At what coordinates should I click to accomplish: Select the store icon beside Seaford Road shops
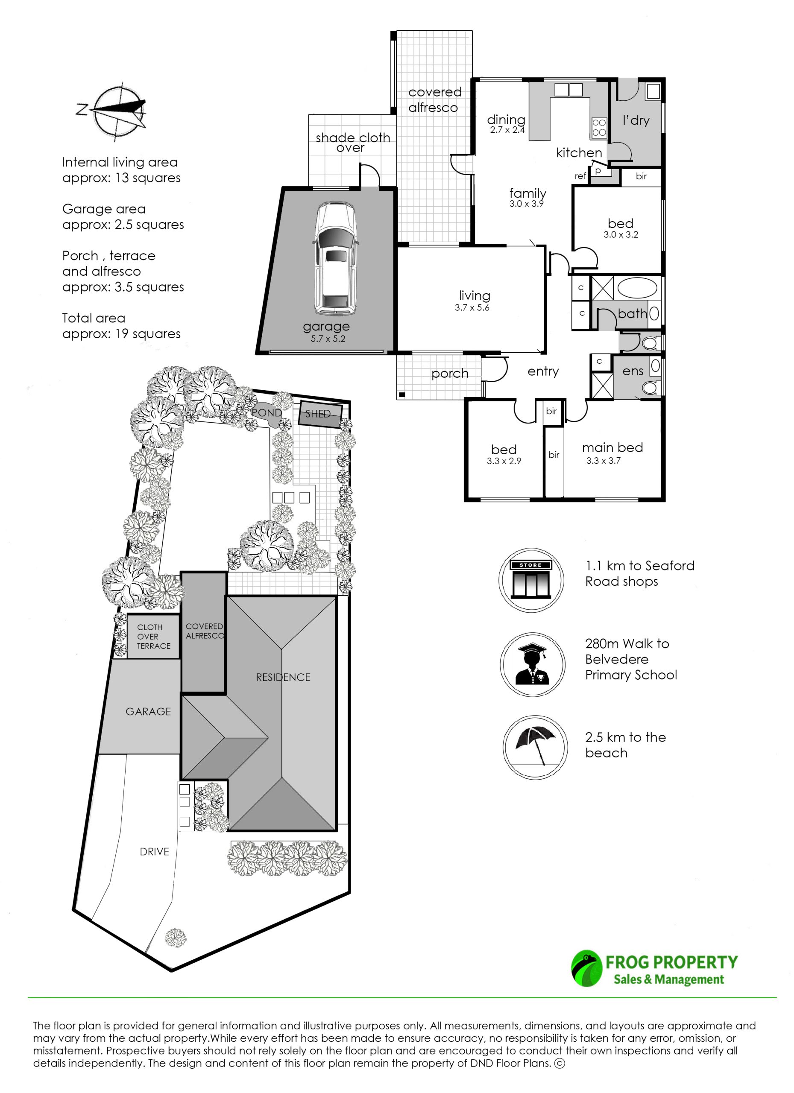[x=531, y=580]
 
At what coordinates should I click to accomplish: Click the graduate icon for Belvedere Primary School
[x=532, y=664]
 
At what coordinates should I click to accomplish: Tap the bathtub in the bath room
[x=637, y=288]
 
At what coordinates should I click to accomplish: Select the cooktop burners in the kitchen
[x=599, y=128]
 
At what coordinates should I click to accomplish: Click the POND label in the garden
[x=266, y=412]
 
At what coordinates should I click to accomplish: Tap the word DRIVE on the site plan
[x=154, y=851]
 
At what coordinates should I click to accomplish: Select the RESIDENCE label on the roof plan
[x=283, y=677]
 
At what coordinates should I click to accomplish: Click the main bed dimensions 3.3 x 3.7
[x=603, y=461]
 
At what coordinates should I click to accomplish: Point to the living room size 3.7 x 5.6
[x=472, y=307]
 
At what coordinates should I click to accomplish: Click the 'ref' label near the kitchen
[x=580, y=176]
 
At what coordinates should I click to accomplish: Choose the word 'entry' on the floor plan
[x=543, y=371]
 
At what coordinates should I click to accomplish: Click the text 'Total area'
[x=94, y=318]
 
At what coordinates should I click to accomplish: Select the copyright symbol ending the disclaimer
[x=560, y=1063]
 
